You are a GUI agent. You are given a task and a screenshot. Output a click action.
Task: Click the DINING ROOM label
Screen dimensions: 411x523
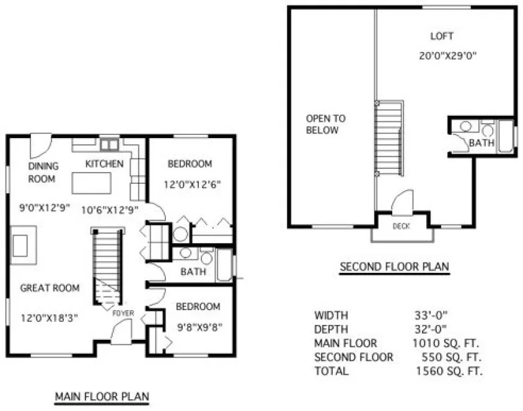click(43, 172)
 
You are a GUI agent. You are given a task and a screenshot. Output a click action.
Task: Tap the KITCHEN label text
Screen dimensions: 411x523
click(104, 164)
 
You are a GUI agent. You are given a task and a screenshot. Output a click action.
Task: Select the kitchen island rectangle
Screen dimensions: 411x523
click(92, 184)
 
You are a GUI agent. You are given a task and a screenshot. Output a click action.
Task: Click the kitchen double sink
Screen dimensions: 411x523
click(110, 145)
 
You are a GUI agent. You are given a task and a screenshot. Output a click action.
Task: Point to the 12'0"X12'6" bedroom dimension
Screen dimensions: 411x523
click(193, 184)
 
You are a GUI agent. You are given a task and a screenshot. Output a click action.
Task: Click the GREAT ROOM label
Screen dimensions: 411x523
click(50, 288)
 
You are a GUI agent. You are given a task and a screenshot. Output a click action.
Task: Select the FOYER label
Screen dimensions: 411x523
click(123, 314)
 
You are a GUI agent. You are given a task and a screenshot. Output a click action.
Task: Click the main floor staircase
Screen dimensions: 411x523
click(106, 266)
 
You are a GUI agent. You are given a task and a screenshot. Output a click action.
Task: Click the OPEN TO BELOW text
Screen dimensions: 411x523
click(322, 124)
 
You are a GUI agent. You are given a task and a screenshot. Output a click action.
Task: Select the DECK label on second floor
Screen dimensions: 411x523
click(401, 227)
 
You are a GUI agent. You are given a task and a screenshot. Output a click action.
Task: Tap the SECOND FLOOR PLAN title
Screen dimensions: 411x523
click(394, 267)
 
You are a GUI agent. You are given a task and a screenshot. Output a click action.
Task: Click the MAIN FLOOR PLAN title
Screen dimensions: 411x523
click(103, 396)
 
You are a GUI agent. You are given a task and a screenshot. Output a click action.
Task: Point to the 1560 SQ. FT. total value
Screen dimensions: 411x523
click(449, 371)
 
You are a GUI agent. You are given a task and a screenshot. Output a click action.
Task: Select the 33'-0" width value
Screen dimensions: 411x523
click(431, 314)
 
